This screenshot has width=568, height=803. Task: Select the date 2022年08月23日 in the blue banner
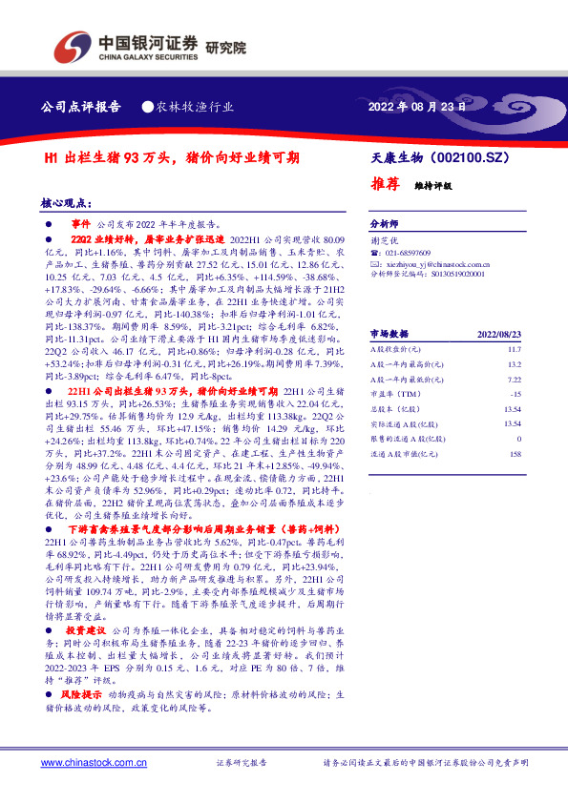click(417, 107)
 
